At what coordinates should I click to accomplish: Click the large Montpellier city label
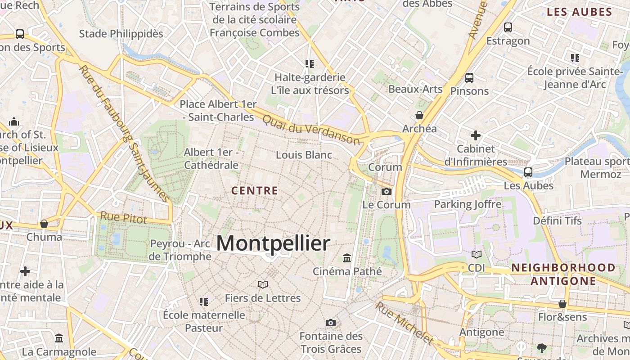coord(273,243)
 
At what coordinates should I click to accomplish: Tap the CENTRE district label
coord(255,191)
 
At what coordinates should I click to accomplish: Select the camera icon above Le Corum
coord(386,192)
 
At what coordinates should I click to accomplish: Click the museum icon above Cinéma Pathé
coord(347,258)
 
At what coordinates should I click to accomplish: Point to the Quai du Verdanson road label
coord(311,129)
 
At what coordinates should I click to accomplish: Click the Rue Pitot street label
coord(123,218)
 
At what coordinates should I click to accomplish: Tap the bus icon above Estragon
coord(508,27)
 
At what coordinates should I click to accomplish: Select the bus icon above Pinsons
coord(469,78)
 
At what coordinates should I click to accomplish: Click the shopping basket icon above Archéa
coord(419,116)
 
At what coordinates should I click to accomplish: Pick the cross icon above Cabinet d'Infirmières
coord(476,135)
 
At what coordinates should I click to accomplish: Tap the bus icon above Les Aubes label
coord(528,172)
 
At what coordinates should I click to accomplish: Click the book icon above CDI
coord(476,255)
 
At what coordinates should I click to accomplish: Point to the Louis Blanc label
coord(304,155)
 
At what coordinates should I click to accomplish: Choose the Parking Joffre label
coord(468,204)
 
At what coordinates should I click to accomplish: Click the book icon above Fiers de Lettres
coord(263,285)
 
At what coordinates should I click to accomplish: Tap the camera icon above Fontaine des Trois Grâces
coord(331,323)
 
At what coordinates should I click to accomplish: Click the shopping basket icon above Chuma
coord(44,224)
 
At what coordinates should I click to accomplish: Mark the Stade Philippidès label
coord(121,34)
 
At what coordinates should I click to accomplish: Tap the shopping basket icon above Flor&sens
coord(562,304)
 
